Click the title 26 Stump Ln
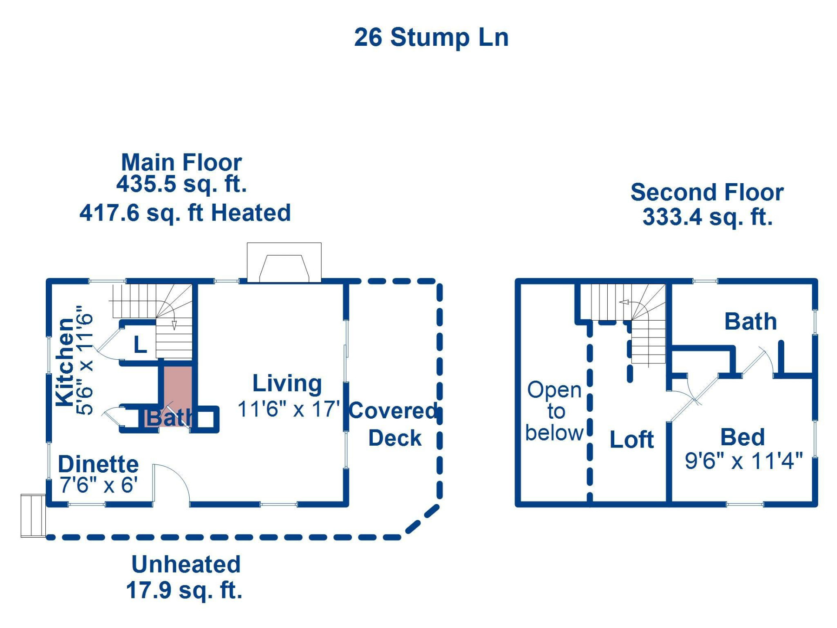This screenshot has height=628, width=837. coord(431,38)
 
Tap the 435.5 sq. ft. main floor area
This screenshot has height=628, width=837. coord(181,184)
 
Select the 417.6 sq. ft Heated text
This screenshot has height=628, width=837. coord(185,213)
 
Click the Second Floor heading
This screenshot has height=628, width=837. coord(707,192)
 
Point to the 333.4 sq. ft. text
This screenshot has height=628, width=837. coord(707,217)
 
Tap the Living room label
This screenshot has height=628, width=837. coord(287,383)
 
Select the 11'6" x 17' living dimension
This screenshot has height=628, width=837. coord(288,409)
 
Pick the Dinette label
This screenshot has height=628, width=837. coord(99,464)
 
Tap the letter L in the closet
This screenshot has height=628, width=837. coord(140,345)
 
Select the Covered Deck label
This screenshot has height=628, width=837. coord(393,424)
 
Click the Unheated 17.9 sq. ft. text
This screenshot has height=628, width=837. coord(185,577)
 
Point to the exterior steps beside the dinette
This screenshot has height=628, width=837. coord(33,515)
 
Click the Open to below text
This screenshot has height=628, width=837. coord(554,411)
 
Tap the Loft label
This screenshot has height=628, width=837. coord(631,440)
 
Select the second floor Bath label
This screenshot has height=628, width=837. coord(750,322)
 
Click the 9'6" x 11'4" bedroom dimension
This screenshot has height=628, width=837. coord(743,461)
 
